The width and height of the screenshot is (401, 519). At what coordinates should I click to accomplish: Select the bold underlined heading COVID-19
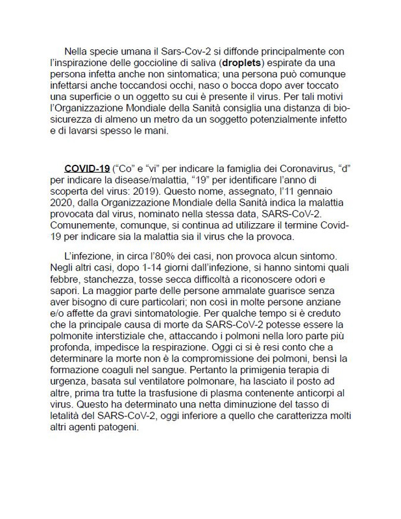pyautogui.click(x=87, y=169)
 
